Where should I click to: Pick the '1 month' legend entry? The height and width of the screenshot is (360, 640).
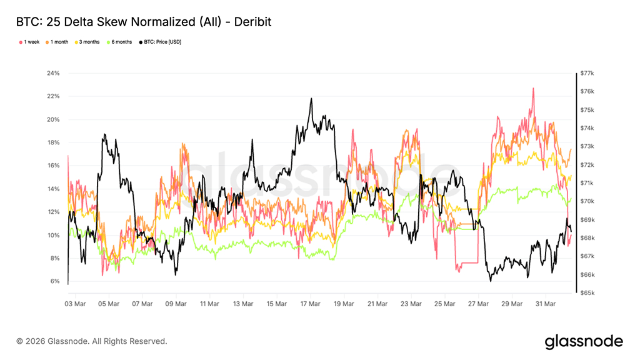(x=57, y=42)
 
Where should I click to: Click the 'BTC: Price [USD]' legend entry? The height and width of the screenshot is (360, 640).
(x=162, y=42)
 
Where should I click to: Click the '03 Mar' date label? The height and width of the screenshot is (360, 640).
(x=76, y=304)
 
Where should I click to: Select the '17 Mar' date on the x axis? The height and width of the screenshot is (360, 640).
(x=310, y=304)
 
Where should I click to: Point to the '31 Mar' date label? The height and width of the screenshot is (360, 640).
(x=545, y=304)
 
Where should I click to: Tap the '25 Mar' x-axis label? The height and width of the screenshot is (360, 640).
(x=444, y=304)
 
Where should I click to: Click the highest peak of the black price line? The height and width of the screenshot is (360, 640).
(x=311, y=99)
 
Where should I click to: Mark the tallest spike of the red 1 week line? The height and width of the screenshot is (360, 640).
(x=533, y=89)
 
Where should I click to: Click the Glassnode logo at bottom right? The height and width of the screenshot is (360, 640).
(x=584, y=341)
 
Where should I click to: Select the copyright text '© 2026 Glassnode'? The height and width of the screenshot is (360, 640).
(x=92, y=341)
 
